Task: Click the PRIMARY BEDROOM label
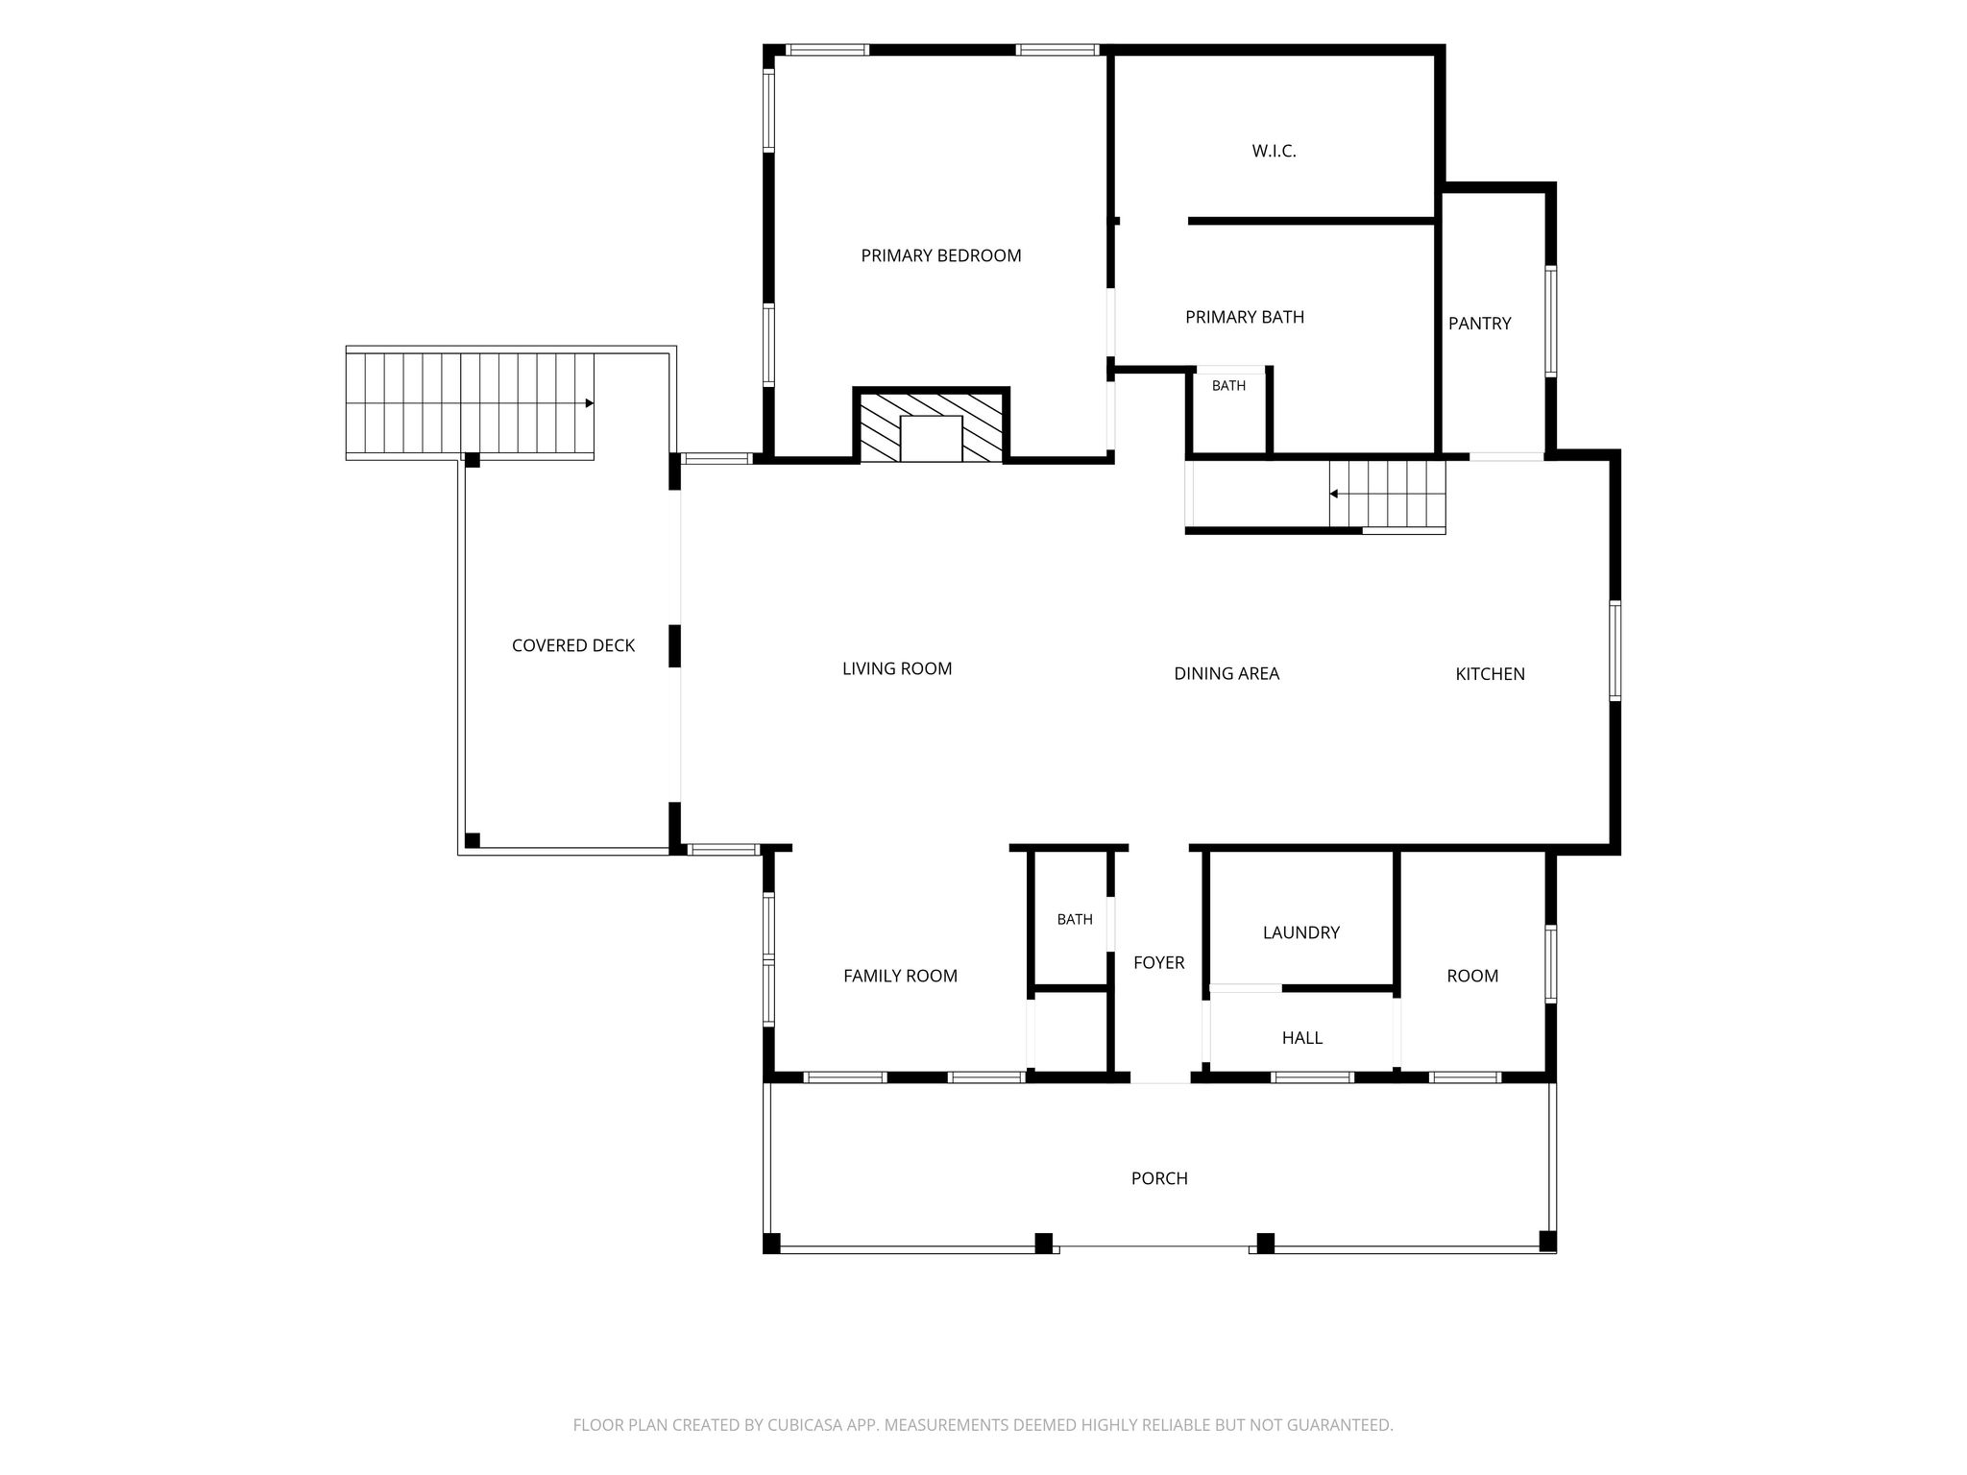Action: [941, 255]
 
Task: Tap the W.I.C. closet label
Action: [1275, 151]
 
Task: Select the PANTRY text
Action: [1480, 324]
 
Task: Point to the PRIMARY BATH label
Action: [1245, 317]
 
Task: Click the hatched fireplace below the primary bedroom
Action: [931, 426]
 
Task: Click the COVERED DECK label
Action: [573, 645]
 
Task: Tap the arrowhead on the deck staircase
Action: [590, 403]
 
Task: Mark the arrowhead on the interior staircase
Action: [1334, 495]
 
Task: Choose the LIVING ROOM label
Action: [897, 668]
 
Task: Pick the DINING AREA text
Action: [1226, 674]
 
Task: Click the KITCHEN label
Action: [1491, 674]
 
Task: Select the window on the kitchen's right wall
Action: [1615, 650]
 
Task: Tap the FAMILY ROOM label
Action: [900, 976]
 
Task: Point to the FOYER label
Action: [1159, 962]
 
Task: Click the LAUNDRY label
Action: [1301, 932]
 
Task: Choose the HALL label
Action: [1302, 1038]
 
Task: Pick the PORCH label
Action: [1159, 1178]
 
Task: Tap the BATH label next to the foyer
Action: [1075, 919]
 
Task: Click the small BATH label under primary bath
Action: [1228, 385]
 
